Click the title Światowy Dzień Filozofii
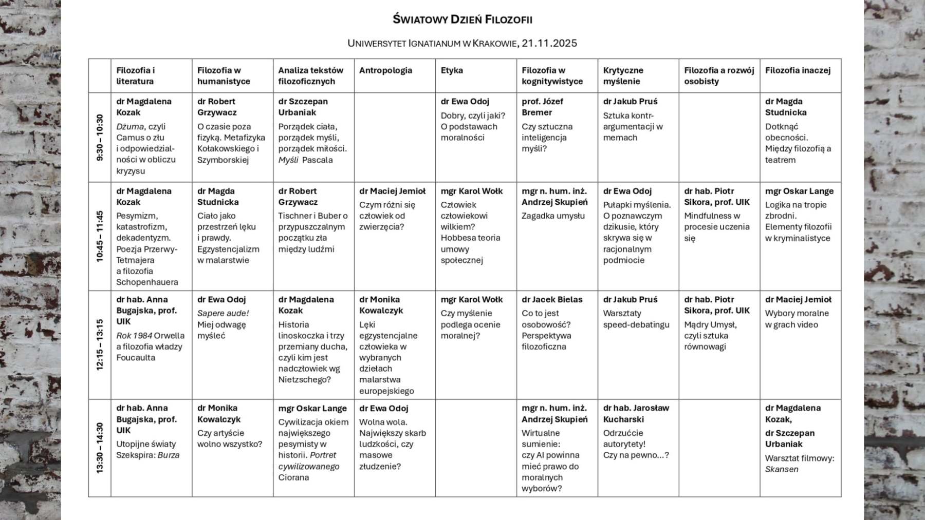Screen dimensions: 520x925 coord(462,20)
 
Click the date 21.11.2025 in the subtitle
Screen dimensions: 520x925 coord(549,43)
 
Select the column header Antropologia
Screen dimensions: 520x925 coord(385,70)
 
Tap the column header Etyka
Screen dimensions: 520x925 coord(452,70)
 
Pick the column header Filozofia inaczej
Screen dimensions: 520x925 coord(798,70)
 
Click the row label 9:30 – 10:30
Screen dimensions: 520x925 coord(100,138)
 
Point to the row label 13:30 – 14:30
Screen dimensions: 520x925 coord(100,448)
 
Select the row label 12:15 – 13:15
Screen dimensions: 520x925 coord(100,344)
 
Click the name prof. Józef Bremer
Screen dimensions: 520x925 coord(542,107)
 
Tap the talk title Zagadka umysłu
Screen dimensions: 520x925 coord(553,216)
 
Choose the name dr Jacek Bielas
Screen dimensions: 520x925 coord(552,299)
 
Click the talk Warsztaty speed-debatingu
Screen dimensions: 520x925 coord(636,319)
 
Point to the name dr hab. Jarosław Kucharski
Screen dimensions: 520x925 coord(636,413)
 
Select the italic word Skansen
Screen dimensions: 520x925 coord(781,469)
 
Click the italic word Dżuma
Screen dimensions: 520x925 coord(129,126)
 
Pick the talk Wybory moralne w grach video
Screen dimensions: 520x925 coord(797,319)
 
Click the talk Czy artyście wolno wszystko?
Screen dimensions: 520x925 coord(229,438)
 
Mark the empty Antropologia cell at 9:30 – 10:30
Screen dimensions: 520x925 coord(395,138)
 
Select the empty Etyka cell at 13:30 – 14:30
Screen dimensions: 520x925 coord(476,448)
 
